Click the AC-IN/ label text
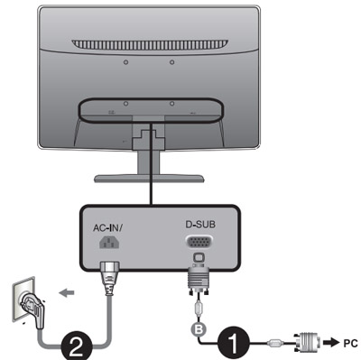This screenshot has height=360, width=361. [x=107, y=227]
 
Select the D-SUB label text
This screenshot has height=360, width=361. [x=200, y=225]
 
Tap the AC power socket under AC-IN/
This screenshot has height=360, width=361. [x=109, y=242]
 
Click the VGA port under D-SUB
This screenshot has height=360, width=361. [x=199, y=242]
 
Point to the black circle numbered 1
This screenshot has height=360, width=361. [x=234, y=343]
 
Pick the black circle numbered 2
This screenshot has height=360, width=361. [x=77, y=345]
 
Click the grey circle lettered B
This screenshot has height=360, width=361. [x=199, y=329]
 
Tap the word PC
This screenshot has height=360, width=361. [x=350, y=343]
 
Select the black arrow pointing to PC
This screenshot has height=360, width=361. [x=331, y=343]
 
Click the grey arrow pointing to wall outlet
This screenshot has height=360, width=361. [x=67, y=292]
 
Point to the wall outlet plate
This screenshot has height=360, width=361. [x=23, y=300]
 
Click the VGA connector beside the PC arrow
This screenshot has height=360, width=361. [x=305, y=343]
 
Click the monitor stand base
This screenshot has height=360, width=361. [x=149, y=179]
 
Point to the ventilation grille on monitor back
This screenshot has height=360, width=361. [x=150, y=44]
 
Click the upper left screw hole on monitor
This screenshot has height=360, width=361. [x=126, y=62]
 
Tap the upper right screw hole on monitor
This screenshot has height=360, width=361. [x=171, y=62]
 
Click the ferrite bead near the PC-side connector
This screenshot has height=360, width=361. [x=276, y=343]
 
